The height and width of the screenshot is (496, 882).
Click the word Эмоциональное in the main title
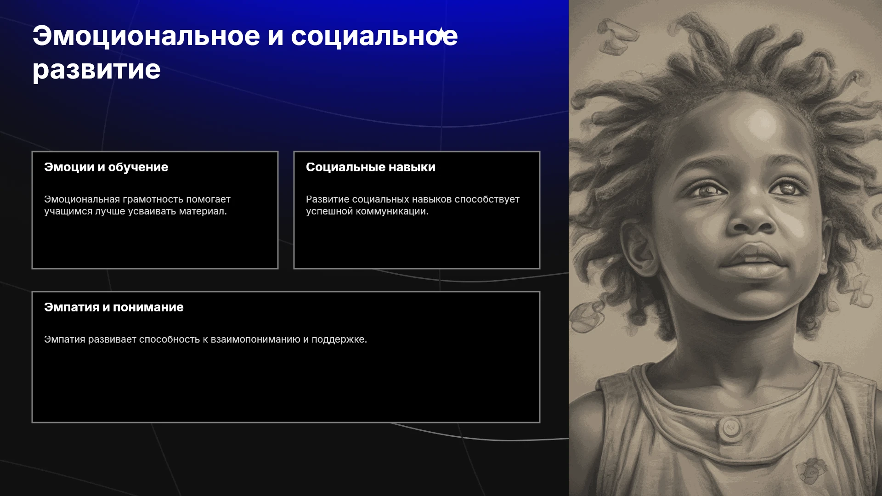pos(147,36)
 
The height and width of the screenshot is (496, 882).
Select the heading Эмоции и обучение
pos(106,167)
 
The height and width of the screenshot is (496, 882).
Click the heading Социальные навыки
pos(371,167)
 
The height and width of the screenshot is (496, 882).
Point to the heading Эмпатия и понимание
pos(114,307)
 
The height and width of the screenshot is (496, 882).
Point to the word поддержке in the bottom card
pos(339,340)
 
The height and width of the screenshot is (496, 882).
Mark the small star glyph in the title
pos(440,34)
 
